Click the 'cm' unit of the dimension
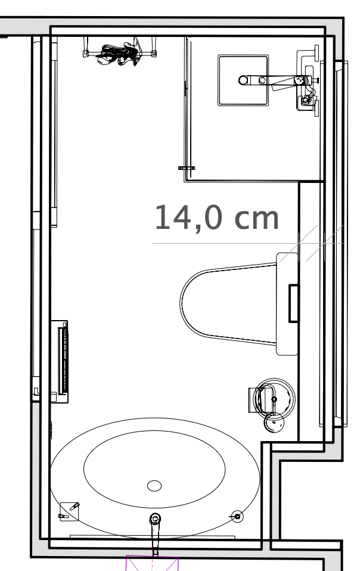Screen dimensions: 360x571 click(257, 219)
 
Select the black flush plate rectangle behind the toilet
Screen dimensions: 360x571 click(293, 303)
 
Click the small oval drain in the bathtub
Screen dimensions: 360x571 click(154, 485)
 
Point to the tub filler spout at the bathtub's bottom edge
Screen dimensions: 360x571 click(156, 532)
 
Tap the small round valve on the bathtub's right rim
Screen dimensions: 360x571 click(237, 516)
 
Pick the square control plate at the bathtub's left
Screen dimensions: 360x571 click(69, 511)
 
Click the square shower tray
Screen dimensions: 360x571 click(243, 80)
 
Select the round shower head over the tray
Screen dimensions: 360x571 click(243, 80)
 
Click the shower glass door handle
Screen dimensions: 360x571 click(187, 168)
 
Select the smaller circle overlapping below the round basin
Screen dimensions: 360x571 click(274, 423)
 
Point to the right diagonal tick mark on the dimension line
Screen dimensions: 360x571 click(324, 243)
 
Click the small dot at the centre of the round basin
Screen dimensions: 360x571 click(274, 399)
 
